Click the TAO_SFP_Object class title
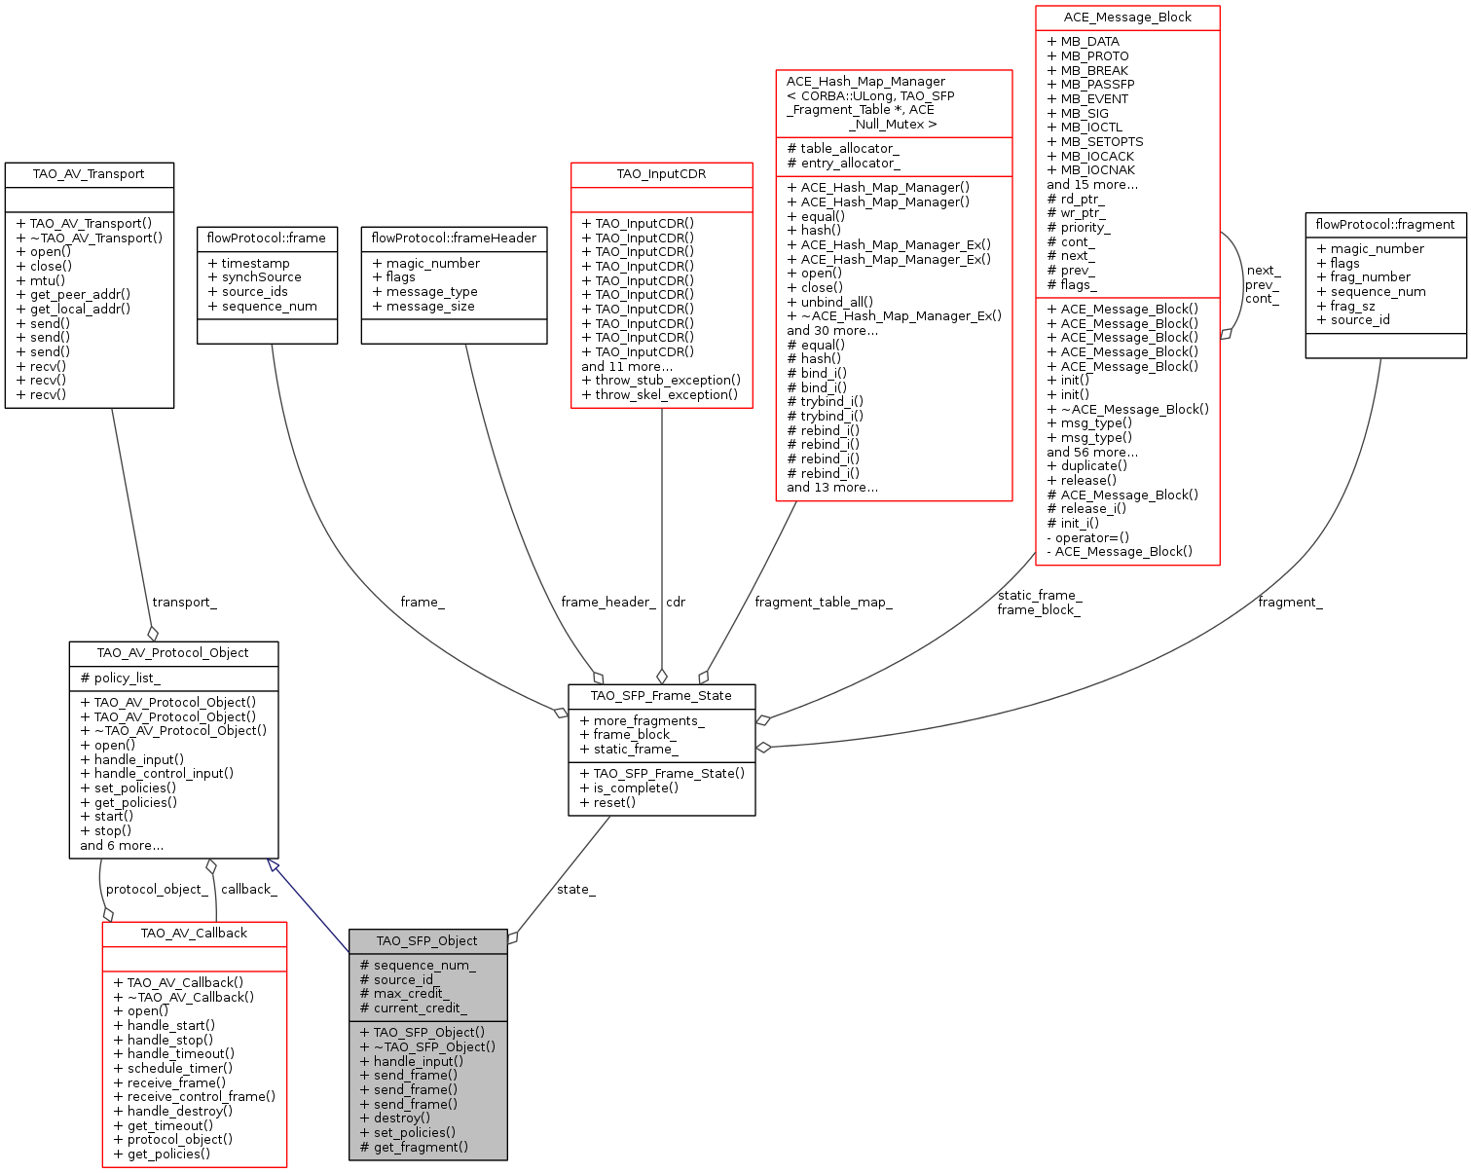coord(427,940)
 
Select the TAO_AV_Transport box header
coord(89,174)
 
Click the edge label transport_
coord(184,602)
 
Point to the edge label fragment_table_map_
coord(823,602)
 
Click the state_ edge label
coord(575,889)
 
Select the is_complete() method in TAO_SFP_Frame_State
coord(636,788)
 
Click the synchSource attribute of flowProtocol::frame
coord(261,276)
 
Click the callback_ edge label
coord(248,889)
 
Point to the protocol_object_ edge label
coord(156,889)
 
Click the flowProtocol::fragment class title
coord(1384,224)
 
